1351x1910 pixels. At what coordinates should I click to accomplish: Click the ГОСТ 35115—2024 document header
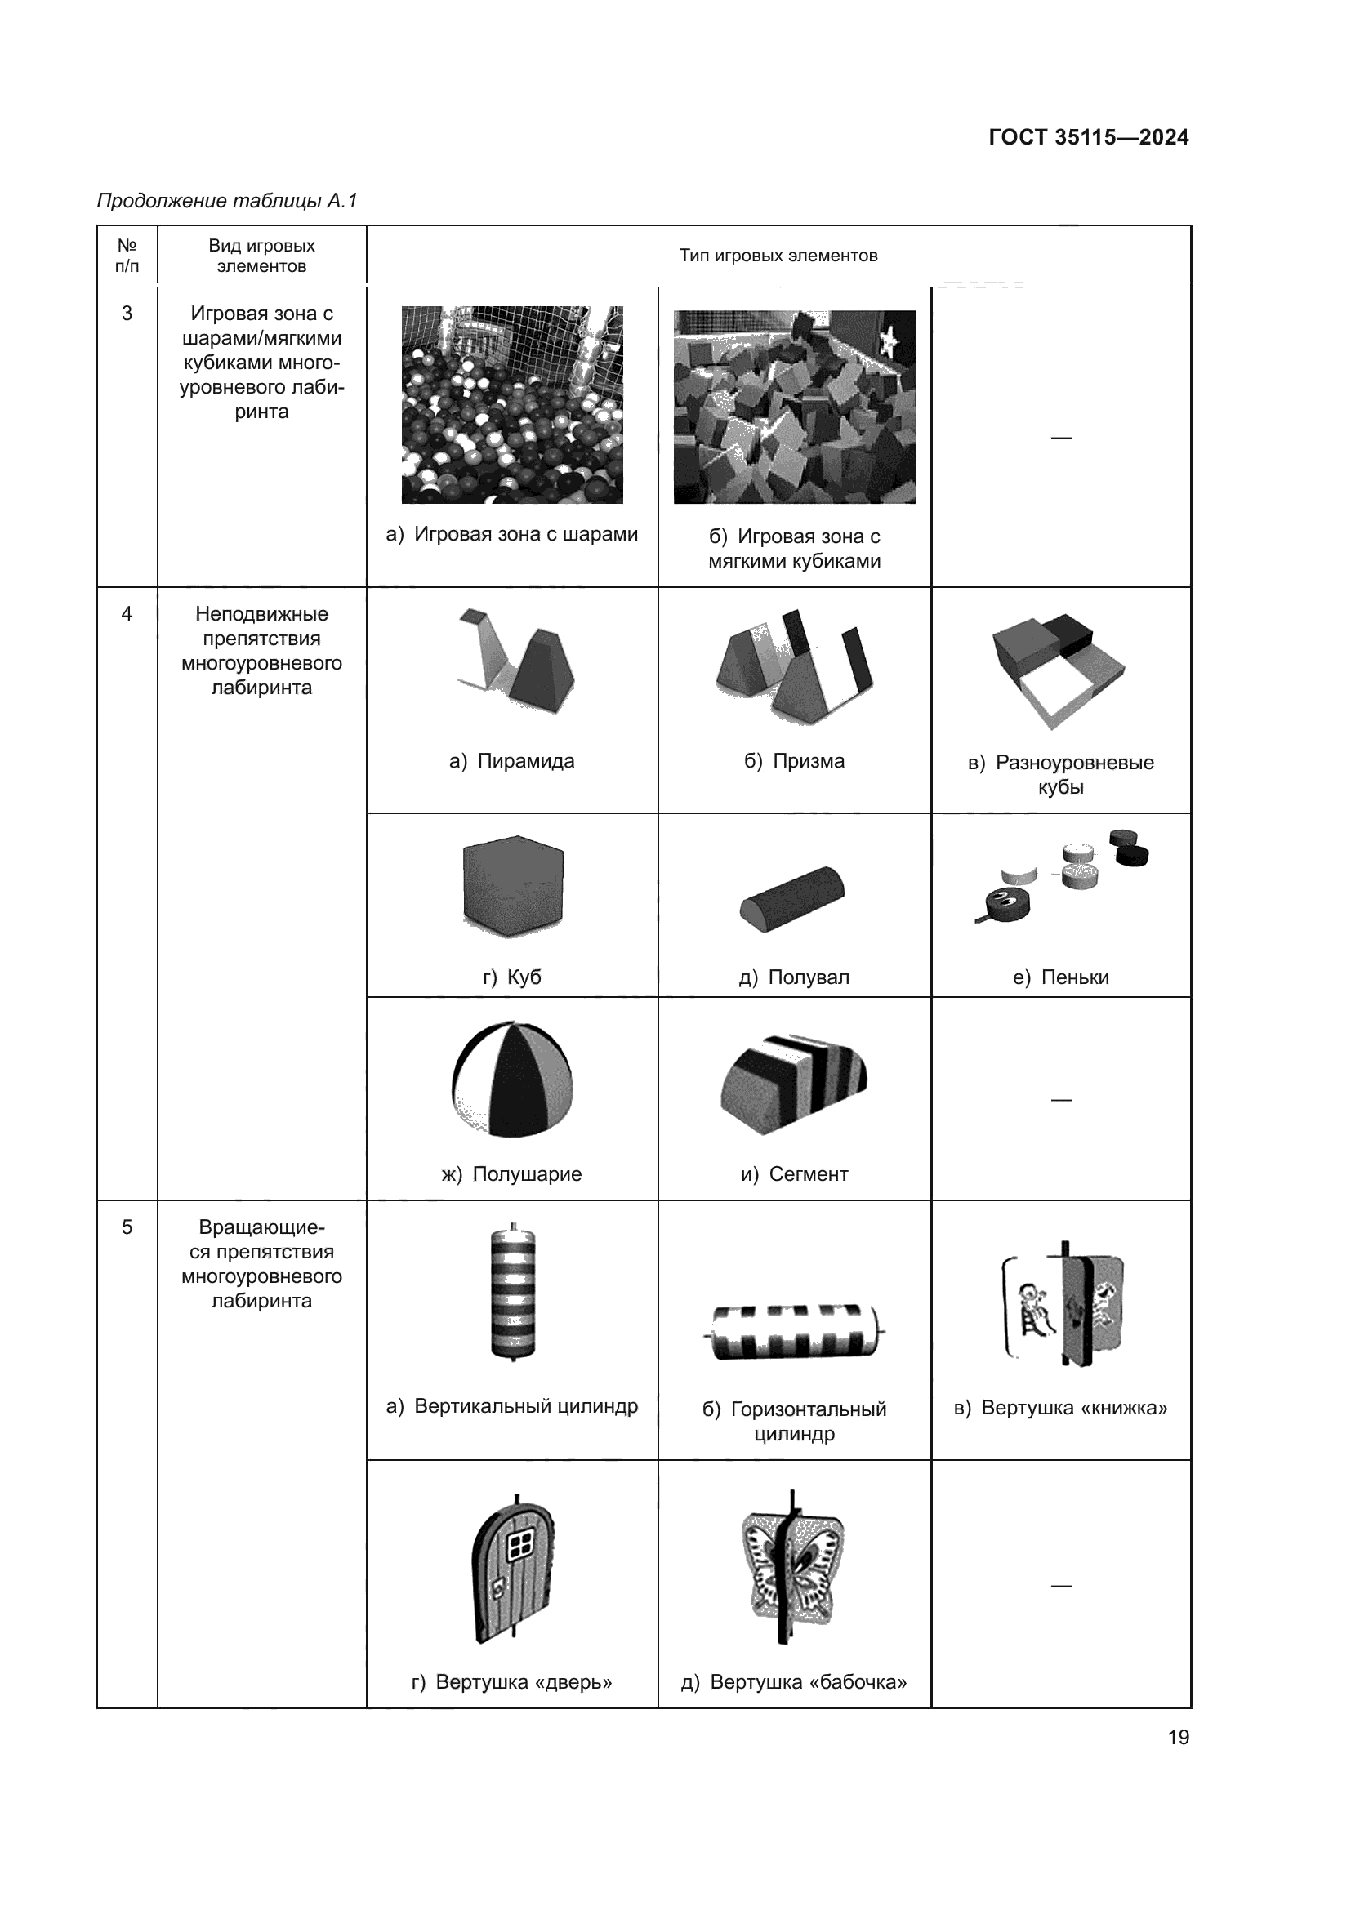point(1088,137)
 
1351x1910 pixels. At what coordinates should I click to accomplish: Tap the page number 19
point(1178,1737)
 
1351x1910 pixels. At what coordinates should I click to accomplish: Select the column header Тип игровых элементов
point(778,256)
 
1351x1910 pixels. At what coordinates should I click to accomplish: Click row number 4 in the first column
point(127,614)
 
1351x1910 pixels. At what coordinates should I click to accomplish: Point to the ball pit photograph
point(511,404)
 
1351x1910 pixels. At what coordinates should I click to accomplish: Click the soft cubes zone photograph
point(794,407)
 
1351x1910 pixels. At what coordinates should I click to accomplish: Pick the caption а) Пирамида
point(511,761)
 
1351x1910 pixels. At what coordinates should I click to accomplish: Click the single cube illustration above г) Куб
point(512,886)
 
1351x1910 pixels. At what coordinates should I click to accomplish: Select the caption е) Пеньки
point(1061,977)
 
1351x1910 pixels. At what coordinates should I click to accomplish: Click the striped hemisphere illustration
point(512,1079)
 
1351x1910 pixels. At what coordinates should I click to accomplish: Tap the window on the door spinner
point(522,1546)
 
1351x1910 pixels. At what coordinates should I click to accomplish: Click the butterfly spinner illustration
point(791,1566)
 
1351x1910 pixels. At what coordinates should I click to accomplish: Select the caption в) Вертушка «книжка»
point(1061,1408)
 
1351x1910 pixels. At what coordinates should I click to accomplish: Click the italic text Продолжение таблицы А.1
point(227,201)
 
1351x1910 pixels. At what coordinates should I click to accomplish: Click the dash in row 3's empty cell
point(1061,438)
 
